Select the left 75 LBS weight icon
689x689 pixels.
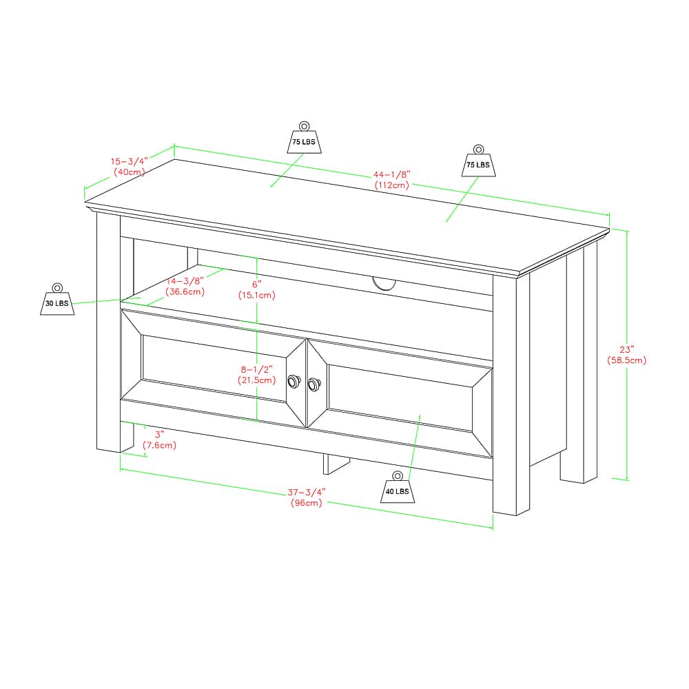tap(304, 138)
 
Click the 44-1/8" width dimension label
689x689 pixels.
tap(391, 175)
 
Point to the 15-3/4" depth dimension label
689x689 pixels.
tap(130, 161)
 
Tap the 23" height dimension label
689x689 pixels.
tap(627, 350)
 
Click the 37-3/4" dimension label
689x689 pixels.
tap(307, 492)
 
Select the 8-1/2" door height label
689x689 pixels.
tap(256, 369)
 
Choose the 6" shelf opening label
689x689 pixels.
tap(256, 285)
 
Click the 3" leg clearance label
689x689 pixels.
tap(159, 435)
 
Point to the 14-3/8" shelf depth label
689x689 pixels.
tap(185, 281)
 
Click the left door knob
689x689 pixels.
tap(294, 382)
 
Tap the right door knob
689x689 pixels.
tap(314, 384)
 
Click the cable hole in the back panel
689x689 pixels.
tap(384, 284)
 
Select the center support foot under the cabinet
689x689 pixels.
tap(336, 464)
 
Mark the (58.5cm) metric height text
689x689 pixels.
tap(626, 361)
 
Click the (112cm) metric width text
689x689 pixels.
tap(392, 185)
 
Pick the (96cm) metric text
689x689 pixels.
tap(307, 503)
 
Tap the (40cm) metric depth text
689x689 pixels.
tap(130, 172)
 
